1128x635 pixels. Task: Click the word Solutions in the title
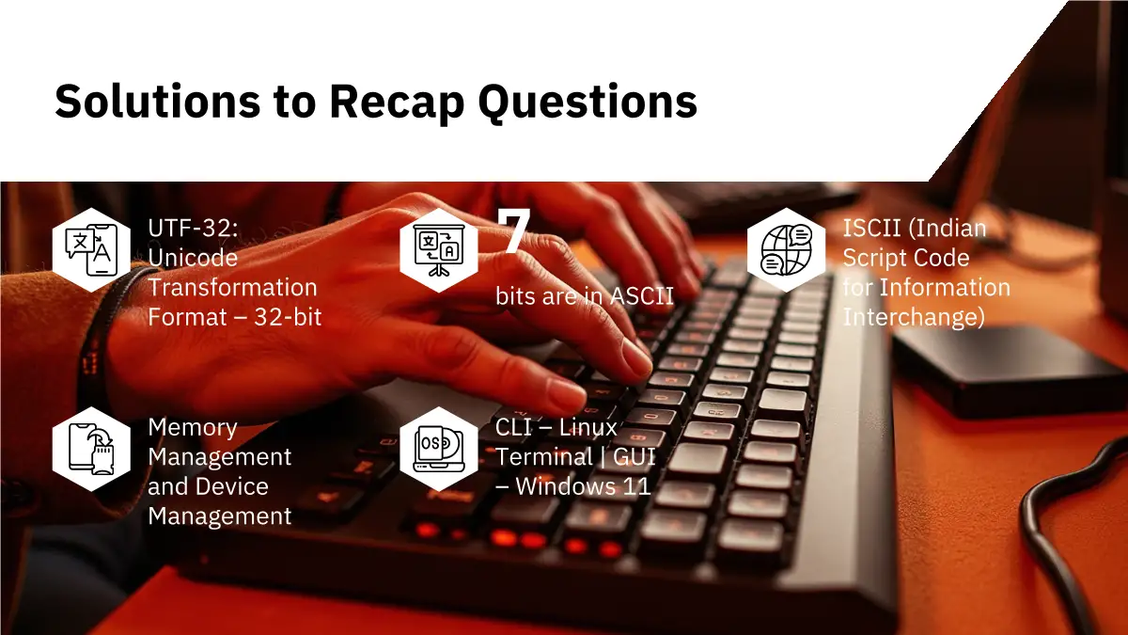[x=158, y=101]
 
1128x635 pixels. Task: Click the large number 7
[x=513, y=230]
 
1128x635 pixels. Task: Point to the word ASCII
[x=641, y=295]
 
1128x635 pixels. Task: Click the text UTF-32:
[x=193, y=228]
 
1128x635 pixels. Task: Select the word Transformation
[x=233, y=287]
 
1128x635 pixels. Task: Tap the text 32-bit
[x=288, y=317]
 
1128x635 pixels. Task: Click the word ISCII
[x=871, y=228]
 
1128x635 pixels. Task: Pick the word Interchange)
[x=914, y=317]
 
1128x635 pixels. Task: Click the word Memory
[x=193, y=428]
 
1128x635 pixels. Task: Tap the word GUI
[x=634, y=457]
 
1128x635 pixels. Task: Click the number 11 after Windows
[x=636, y=486]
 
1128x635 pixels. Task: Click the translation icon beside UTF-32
[x=91, y=250]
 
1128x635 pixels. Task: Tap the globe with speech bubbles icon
[x=786, y=250]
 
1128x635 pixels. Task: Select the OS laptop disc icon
[x=439, y=449]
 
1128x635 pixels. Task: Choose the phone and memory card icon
[x=91, y=449]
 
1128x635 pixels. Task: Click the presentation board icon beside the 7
[x=439, y=250]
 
